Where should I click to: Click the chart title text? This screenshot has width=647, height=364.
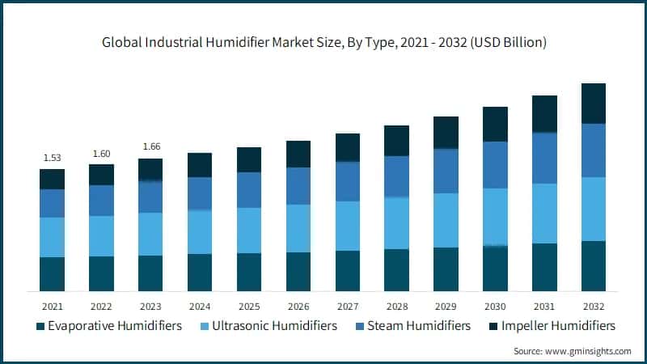(x=323, y=42)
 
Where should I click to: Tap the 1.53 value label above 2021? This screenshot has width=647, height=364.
(x=52, y=157)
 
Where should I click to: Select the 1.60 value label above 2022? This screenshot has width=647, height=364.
(x=101, y=152)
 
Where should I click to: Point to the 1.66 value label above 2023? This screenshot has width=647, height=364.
(x=150, y=146)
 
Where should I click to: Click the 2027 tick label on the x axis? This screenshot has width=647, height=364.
(x=347, y=306)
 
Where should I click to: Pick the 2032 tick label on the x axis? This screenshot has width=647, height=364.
(x=594, y=306)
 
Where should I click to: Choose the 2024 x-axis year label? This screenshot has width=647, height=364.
(x=200, y=306)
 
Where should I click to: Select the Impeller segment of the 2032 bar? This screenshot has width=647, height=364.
(x=594, y=104)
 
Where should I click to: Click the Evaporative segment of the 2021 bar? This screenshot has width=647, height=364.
(x=52, y=274)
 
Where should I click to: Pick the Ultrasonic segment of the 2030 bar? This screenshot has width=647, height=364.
(x=495, y=217)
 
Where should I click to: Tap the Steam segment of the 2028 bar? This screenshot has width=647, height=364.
(x=396, y=176)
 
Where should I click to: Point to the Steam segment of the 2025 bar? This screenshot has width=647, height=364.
(x=249, y=190)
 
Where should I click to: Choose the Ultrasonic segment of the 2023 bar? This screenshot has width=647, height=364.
(x=150, y=234)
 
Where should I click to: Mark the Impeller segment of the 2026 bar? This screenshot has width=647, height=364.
(x=298, y=154)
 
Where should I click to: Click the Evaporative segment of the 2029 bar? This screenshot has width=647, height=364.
(x=446, y=269)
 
